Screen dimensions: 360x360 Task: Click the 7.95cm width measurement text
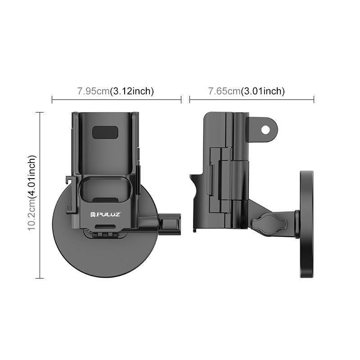[93, 91]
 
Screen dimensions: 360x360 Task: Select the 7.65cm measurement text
[224, 91]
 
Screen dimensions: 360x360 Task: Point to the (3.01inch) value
[263, 91]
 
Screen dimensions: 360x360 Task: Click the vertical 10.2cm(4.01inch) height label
[32, 193]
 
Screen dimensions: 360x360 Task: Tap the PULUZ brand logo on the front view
[105, 215]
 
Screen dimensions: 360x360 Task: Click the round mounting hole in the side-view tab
[265, 129]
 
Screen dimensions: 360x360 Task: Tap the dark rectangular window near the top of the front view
[105, 132]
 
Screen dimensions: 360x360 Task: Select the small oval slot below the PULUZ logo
[105, 225]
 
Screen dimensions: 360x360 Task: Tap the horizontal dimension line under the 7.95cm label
[117, 99]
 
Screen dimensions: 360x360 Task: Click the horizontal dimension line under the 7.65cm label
[252, 99]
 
